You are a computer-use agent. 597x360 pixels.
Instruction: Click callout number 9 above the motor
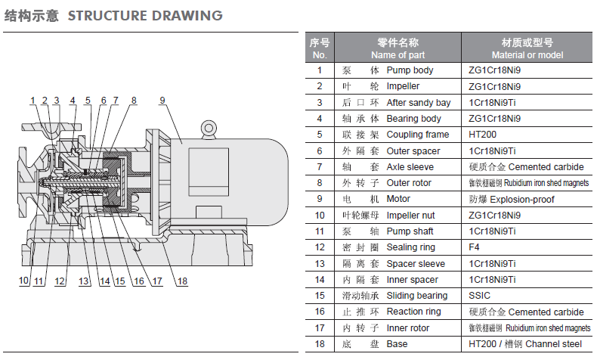162,101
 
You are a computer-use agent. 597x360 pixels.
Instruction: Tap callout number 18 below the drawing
182,282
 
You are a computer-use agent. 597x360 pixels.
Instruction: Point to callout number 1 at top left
33,101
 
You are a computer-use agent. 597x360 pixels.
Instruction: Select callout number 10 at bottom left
24,282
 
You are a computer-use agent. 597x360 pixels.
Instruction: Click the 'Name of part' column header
397,55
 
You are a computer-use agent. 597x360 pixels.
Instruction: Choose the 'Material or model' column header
527,55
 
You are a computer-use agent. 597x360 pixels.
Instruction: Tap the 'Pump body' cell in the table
410,70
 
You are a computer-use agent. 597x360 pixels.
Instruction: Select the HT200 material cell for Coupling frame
483,135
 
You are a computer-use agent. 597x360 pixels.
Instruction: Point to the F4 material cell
475,247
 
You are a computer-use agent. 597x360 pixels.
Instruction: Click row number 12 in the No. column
320,247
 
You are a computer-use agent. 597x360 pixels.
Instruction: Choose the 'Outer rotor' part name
409,183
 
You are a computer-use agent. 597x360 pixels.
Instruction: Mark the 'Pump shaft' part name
410,231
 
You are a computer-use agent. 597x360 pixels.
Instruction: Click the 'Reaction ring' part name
414,312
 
